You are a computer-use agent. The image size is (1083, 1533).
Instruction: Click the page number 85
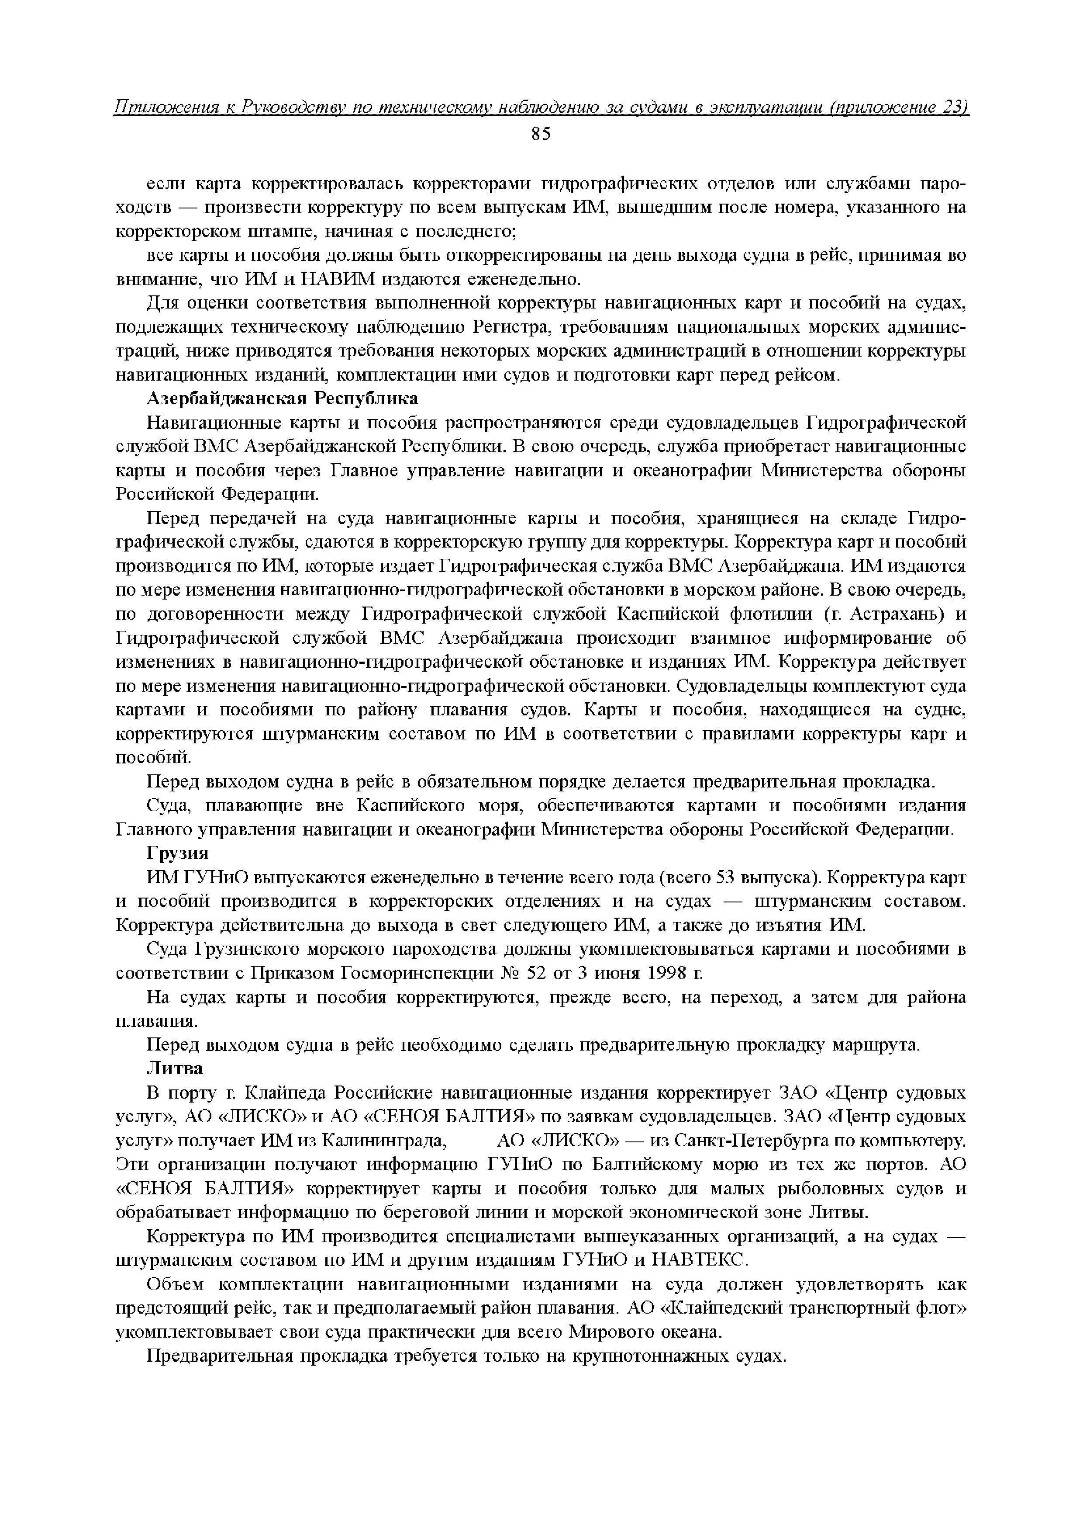point(541,134)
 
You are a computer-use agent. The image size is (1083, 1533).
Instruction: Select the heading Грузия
point(177,854)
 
